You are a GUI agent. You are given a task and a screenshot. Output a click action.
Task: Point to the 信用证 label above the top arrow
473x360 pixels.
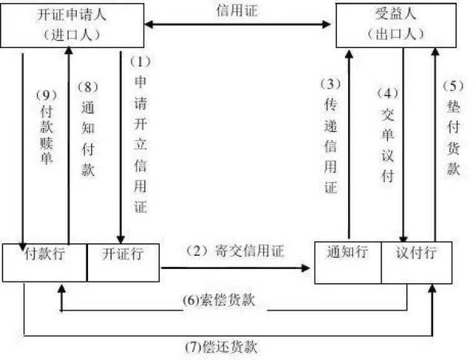237,11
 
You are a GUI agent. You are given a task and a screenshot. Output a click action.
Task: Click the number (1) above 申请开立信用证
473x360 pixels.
140,62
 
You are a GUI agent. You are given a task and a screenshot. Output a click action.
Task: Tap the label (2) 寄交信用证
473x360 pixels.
235,251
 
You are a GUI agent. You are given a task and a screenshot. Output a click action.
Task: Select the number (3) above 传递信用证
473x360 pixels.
330,84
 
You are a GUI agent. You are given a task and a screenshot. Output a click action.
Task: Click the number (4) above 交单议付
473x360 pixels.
388,93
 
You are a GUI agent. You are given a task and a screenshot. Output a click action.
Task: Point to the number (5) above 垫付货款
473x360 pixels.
453,86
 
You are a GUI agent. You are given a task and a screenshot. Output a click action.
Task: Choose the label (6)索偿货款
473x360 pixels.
219,300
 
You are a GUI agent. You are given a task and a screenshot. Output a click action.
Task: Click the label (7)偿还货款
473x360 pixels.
221,347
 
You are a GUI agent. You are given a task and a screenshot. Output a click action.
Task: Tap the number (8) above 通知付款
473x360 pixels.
88,87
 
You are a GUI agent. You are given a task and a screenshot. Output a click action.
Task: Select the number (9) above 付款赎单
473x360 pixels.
47,95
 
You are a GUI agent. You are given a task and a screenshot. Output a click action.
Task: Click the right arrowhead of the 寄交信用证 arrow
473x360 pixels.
306,268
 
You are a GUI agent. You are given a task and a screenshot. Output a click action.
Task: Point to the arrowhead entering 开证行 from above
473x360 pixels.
120,240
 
